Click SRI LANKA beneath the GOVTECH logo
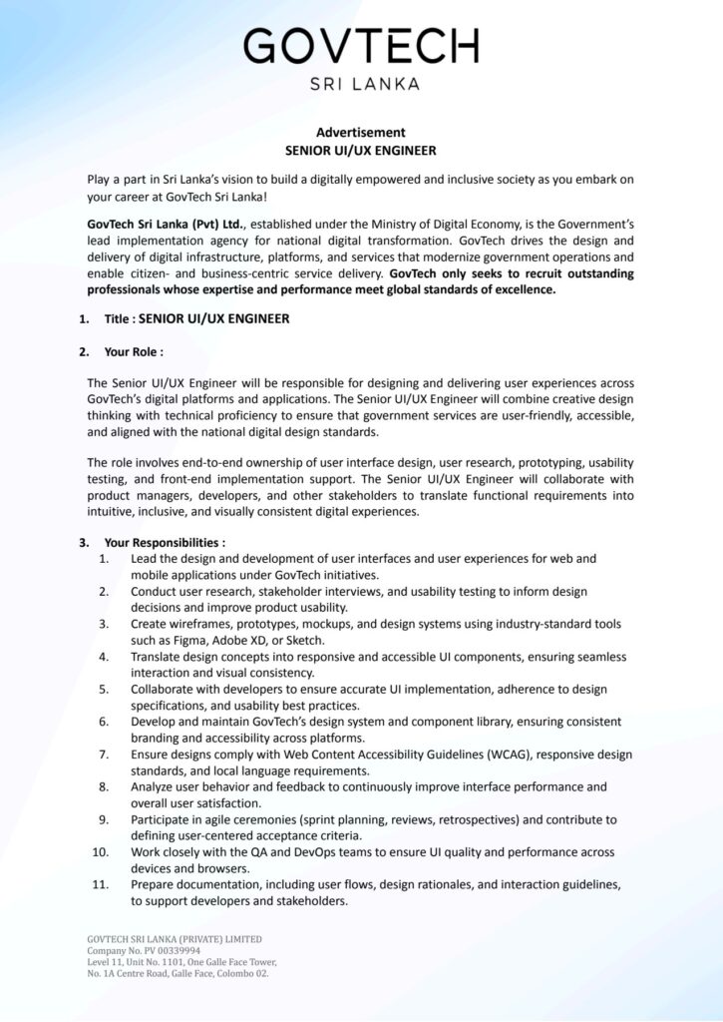pyautogui.click(x=361, y=84)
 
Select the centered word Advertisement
pyautogui.click(x=361, y=132)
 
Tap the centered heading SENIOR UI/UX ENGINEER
pyautogui.click(x=361, y=151)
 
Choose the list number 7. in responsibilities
pyautogui.click(x=104, y=754)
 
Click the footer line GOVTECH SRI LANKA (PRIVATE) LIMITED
pyautogui.click(x=175, y=939)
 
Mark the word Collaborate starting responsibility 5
pyautogui.click(x=164, y=689)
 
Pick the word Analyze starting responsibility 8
pyautogui.click(x=154, y=786)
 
